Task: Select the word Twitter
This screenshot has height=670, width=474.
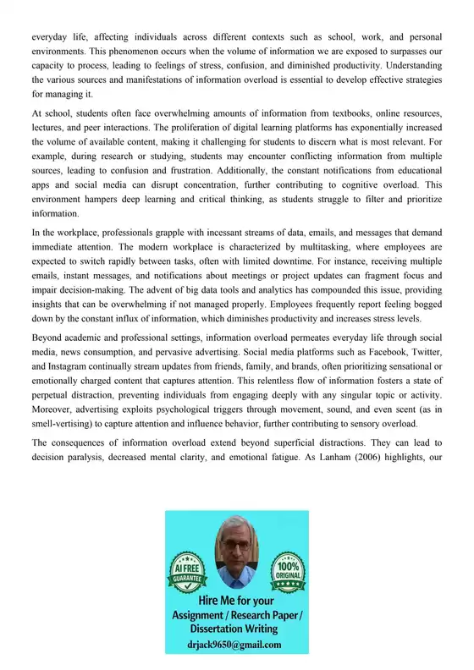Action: (x=425, y=354)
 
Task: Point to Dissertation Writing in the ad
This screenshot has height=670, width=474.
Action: (x=237, y=628)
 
